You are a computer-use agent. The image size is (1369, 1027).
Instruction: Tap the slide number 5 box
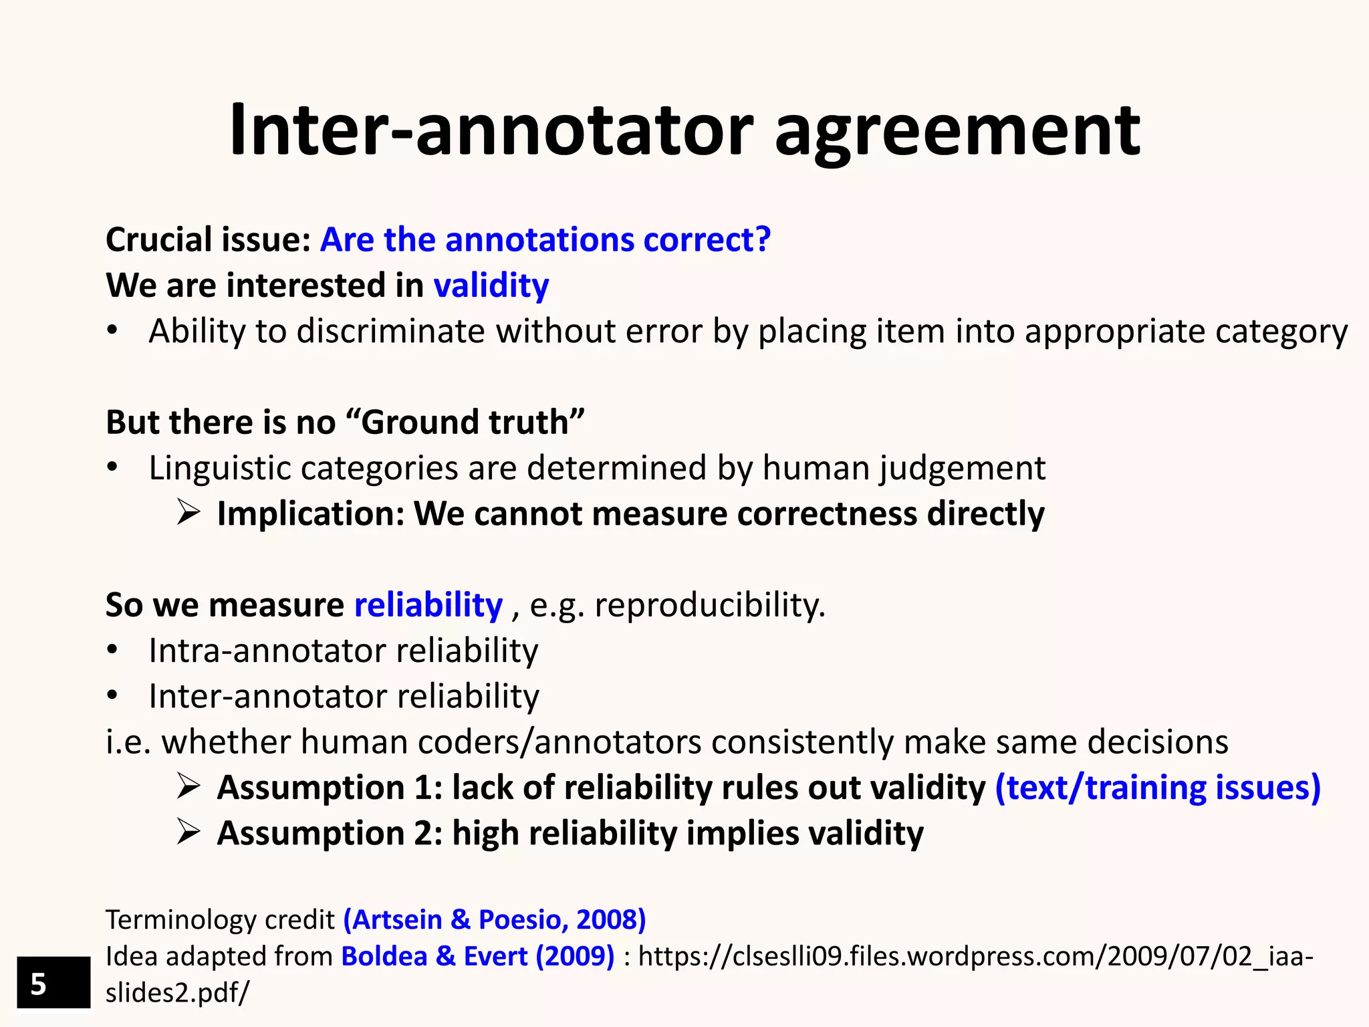(53, 983)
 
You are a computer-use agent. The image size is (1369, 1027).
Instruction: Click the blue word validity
(491, 286)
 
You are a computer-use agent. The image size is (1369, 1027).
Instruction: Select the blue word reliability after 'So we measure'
(428, 605)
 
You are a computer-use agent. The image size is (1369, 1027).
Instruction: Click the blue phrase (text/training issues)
(1158, 788)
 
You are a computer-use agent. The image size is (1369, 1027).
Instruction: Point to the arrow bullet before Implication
(189, 513)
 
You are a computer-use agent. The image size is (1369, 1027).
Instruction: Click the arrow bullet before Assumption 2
(189, 833)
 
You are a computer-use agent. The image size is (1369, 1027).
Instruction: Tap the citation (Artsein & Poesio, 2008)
(495, 920)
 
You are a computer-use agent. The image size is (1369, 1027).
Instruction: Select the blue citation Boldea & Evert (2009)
(477, 956)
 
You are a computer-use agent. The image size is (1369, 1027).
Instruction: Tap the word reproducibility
(709, 605)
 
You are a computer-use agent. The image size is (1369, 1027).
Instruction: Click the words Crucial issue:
(208, 240)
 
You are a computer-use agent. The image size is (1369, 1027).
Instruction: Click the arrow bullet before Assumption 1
(189, 788)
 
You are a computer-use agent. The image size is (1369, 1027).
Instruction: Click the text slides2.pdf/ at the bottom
(177, 993)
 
